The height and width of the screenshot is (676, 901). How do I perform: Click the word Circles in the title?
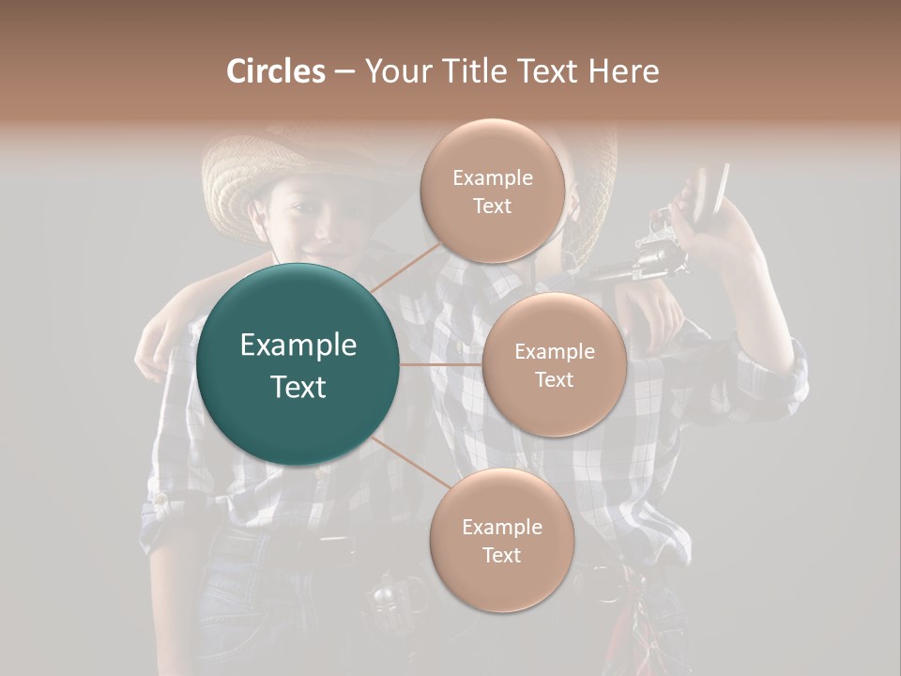276,71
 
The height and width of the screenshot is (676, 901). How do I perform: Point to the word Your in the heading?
395,71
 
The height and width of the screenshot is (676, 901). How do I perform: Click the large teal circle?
298,364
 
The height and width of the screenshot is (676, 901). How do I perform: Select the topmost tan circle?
492,191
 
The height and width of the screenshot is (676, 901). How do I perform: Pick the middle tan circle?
554,364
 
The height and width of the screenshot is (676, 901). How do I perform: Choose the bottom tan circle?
501,540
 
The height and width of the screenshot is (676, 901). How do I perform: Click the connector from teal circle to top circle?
405,267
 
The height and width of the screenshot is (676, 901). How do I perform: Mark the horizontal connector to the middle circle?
441,364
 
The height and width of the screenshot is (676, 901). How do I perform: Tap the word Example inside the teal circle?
298,346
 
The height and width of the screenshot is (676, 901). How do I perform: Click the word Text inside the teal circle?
298,387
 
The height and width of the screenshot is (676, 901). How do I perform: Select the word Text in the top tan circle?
492,207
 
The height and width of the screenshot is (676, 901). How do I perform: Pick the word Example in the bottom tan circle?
501,527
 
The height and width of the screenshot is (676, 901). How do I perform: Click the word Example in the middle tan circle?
554,352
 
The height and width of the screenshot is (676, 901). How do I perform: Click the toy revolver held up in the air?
648,249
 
